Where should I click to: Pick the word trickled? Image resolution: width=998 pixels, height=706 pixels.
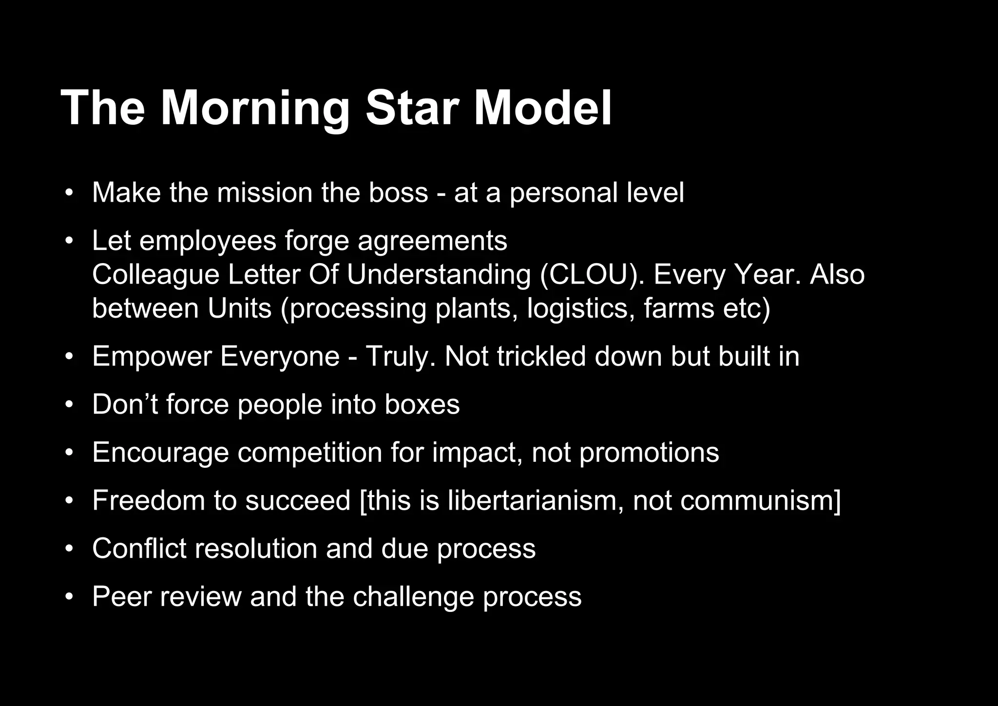click(541, 357)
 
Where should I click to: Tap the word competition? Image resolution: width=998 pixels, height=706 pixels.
click(309, 453)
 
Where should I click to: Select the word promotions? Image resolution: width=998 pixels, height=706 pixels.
click(649, 453)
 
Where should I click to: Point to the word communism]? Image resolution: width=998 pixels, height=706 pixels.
click(736, 500)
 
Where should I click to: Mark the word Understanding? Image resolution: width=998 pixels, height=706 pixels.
click(439, 275)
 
